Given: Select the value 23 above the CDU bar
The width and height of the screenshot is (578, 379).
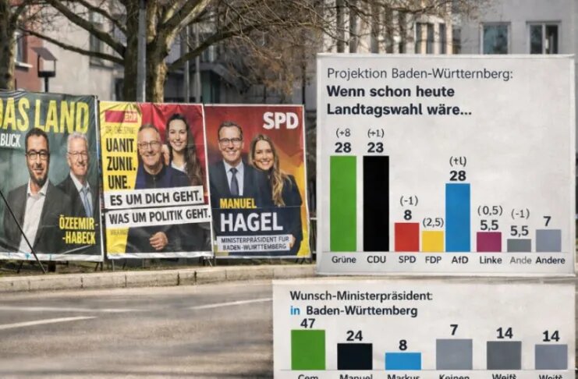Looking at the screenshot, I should coord(375,147).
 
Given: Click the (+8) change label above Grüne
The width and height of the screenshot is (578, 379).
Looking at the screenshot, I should coord(343,133).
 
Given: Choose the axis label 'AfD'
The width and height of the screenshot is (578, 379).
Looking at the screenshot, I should coord(459,260).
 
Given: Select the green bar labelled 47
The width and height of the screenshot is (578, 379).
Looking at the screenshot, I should coord(308,349).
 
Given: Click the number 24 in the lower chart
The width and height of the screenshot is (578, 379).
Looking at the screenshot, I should coord(354,336).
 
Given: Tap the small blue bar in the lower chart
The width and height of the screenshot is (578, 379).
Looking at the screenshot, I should coord(402,360).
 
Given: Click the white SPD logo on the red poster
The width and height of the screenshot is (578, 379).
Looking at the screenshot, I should coord(280,120).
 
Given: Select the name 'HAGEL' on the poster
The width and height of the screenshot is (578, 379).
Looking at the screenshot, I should coord(250,222).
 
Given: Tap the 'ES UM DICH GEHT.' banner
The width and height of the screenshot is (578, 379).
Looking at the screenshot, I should coord(159,199).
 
